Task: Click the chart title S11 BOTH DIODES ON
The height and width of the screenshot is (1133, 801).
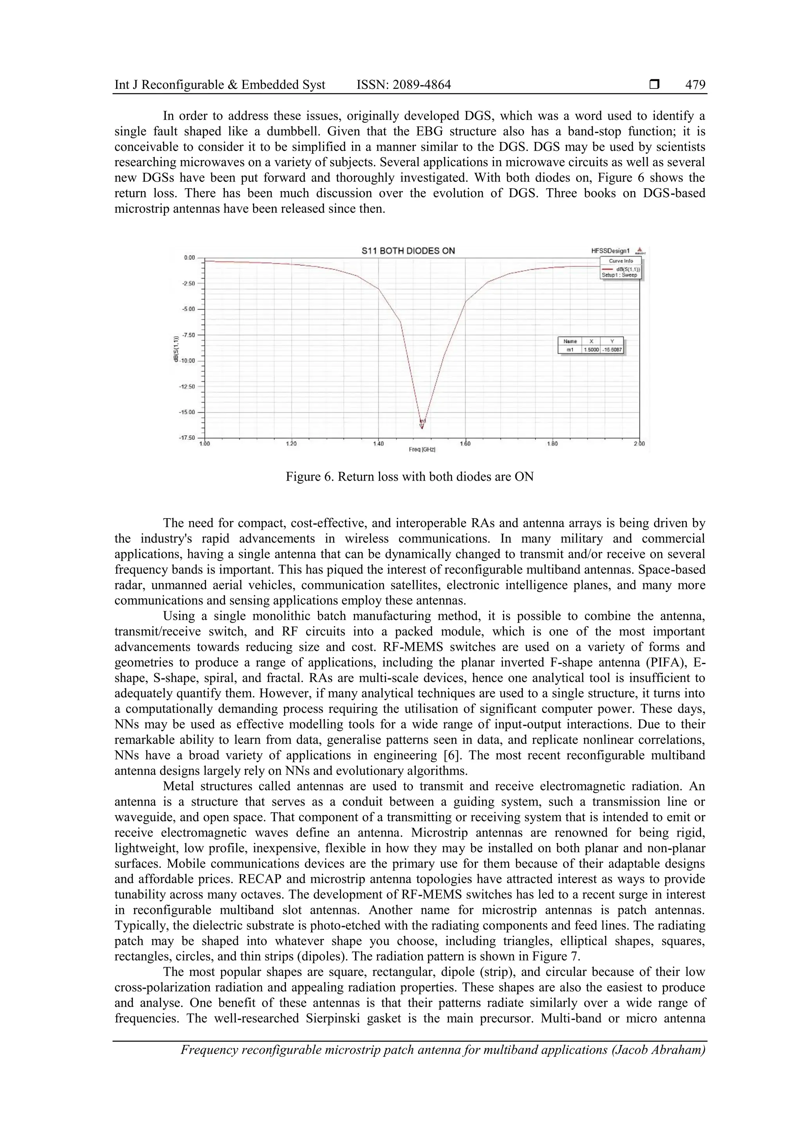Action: point(408,251)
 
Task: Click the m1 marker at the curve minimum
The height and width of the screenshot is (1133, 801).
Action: point(422,424)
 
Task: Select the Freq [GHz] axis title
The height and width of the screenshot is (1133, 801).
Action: point(422,450)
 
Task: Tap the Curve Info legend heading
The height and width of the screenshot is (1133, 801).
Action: point(621,261)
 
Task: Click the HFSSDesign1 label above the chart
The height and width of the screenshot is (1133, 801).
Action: point(611,251)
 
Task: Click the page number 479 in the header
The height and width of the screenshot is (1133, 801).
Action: point(695,85)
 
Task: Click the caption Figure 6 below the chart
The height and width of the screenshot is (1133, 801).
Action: point(409,477)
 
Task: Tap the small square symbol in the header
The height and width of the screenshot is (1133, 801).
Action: point(654,85)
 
